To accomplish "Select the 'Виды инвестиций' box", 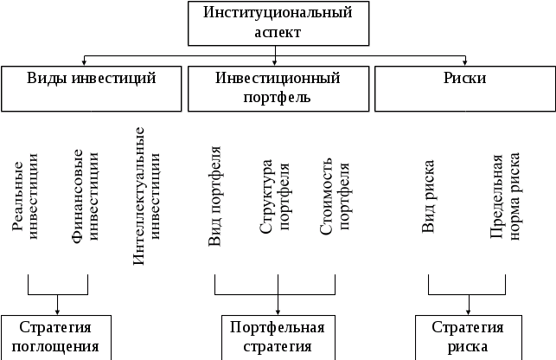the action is (x=93, y=88).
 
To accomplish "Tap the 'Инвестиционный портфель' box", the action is (x=277, y=88).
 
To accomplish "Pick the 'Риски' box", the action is (x=463, y=88).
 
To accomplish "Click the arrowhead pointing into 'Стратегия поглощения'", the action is (x=57, y=311).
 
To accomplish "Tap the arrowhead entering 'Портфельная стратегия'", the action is (x=278, y=311).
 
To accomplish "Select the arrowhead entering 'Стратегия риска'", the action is (x=468, y=311).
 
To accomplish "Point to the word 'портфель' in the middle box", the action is (x=277, y=97).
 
